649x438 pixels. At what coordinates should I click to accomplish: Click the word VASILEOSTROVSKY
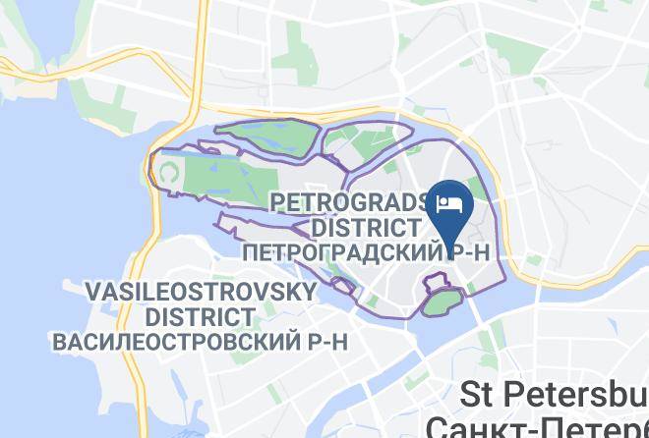coord(201,292)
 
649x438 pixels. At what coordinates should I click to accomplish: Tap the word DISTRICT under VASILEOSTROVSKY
coord(200,316)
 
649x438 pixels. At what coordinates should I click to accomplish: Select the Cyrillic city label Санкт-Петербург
coord(536,426)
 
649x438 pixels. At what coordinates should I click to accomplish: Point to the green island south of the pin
coord(442,300)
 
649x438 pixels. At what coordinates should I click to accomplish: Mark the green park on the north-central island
coord(368,147)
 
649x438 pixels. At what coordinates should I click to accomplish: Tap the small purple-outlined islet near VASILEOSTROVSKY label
coord(344,285)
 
